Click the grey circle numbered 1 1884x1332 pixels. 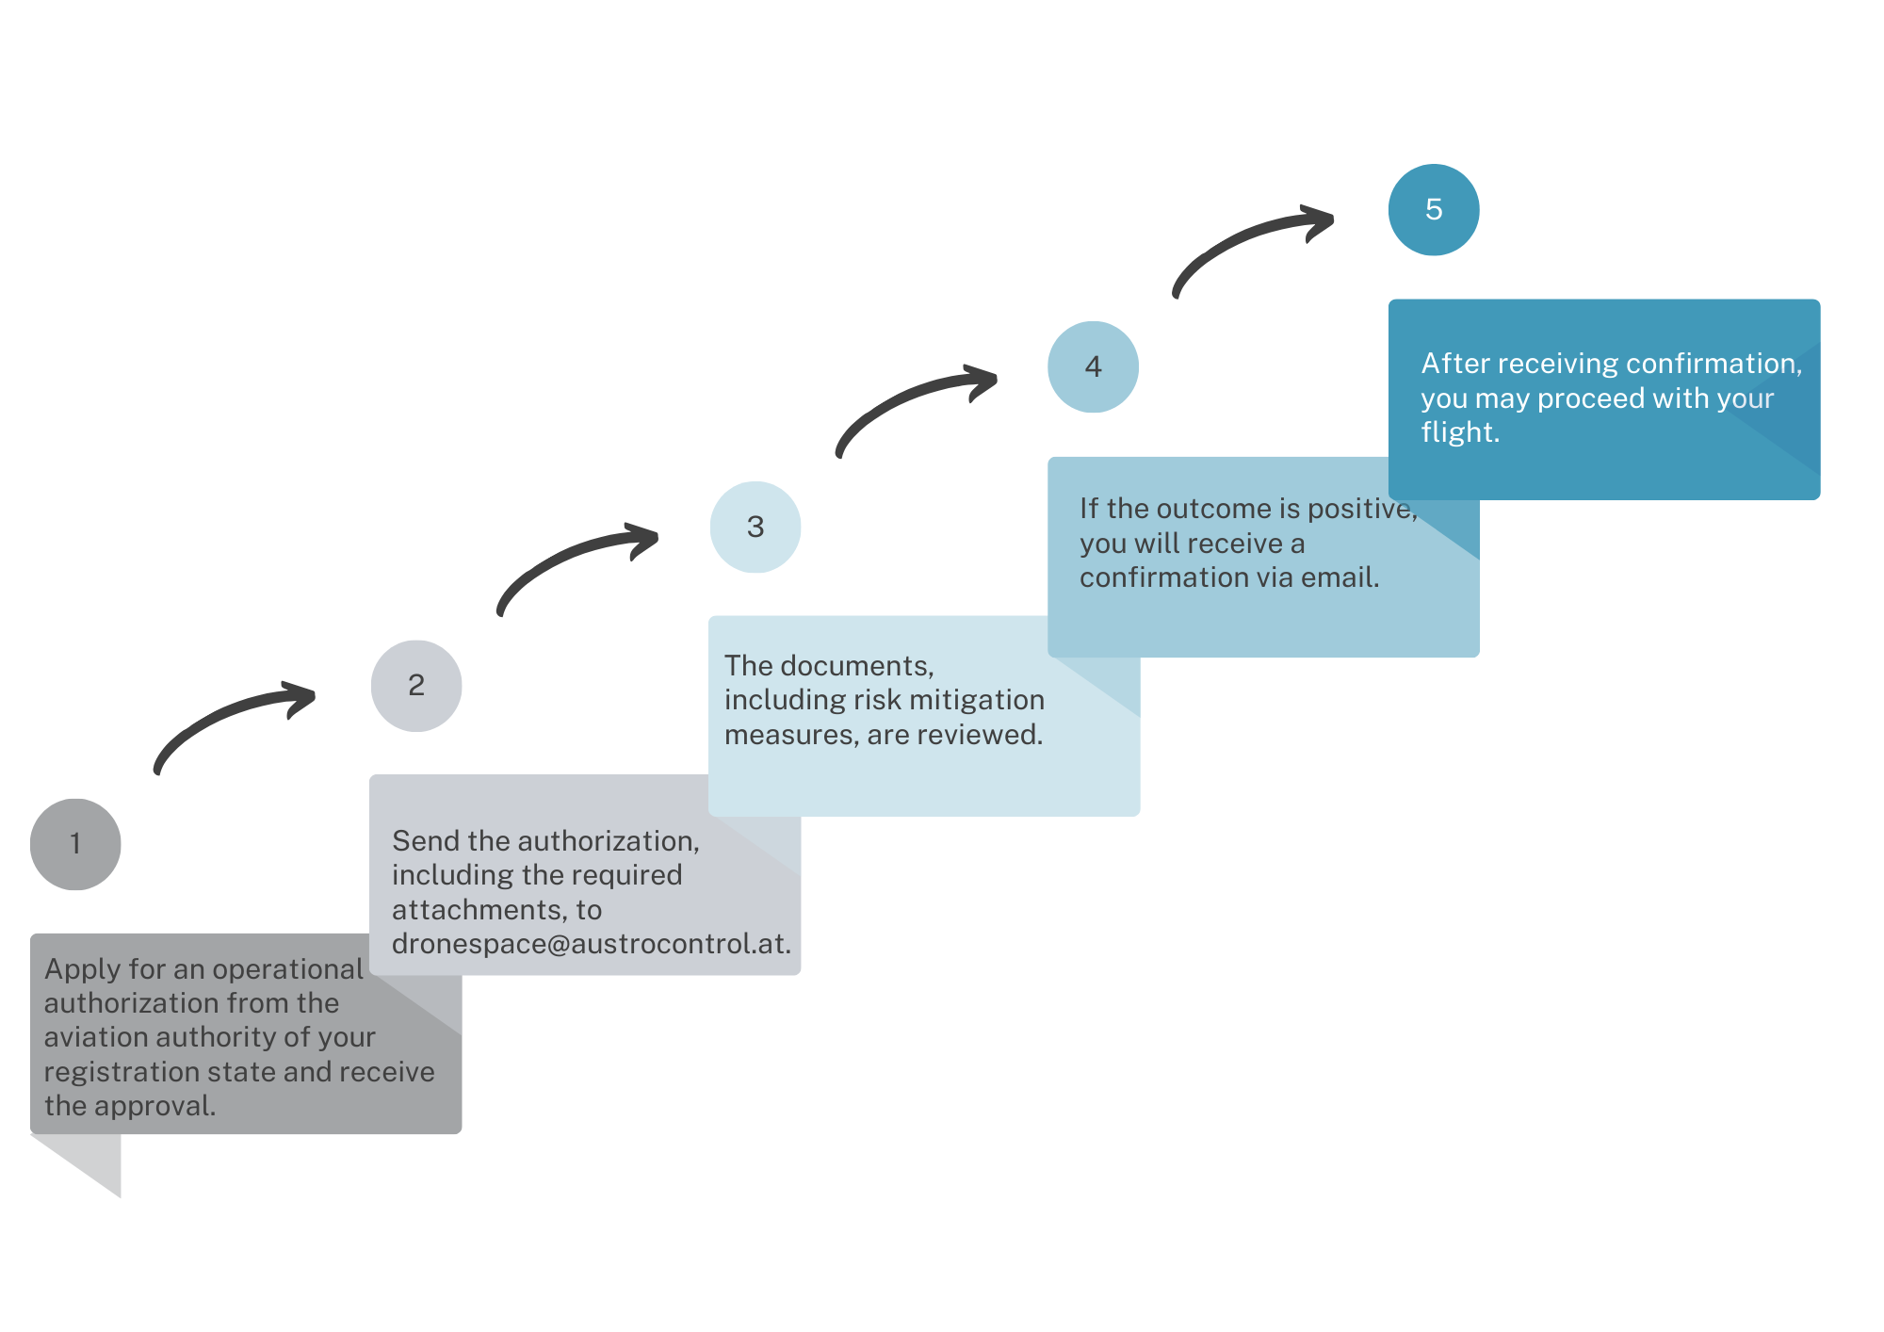(75, 844)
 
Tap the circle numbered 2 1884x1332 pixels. (416, 686)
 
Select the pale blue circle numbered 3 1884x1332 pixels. (755, 528)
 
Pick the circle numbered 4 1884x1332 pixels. (1093, 366)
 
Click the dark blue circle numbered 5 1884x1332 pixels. (1434, 210)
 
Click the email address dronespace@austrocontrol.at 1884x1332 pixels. (592, 944)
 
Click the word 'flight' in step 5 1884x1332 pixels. (1460, 432)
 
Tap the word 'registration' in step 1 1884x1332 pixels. (112, 1073)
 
